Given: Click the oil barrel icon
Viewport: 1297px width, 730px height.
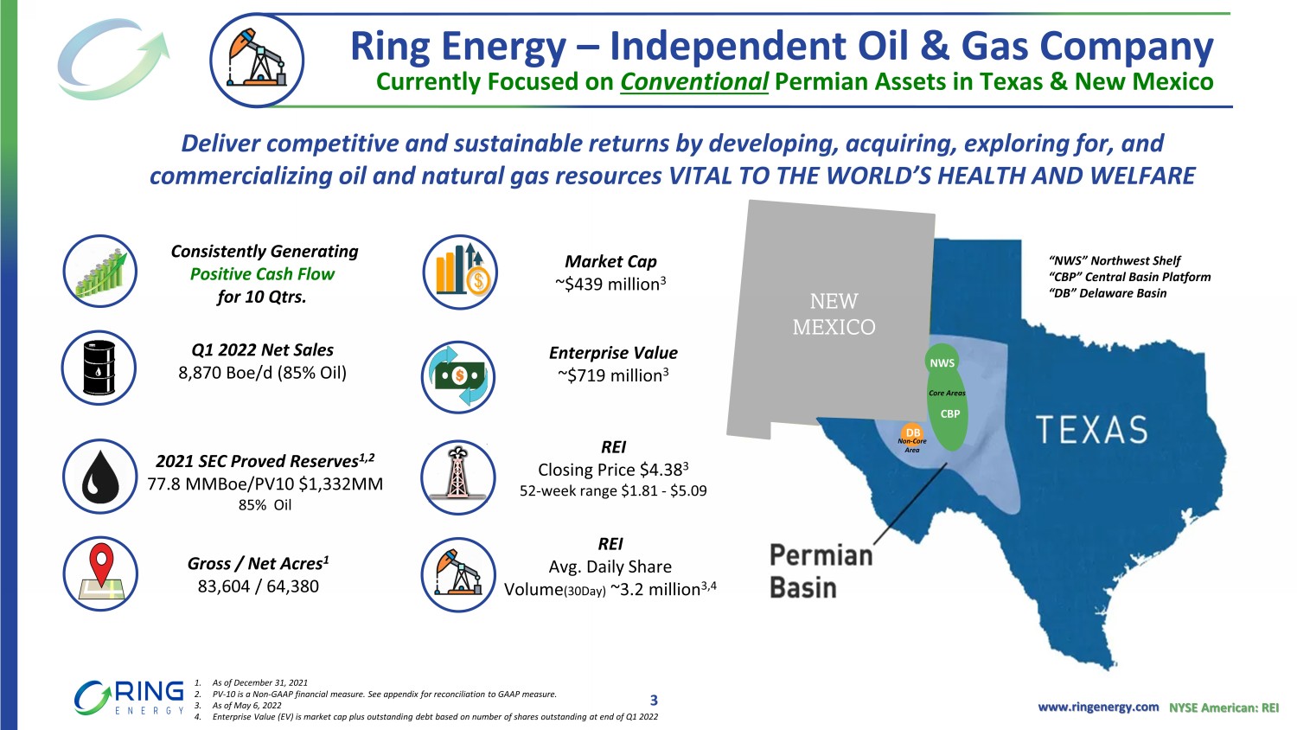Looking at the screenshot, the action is (99, 368).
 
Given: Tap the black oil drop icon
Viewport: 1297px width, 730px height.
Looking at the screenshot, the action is (100, 477).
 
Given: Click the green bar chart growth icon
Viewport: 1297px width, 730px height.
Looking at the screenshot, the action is (100, 271).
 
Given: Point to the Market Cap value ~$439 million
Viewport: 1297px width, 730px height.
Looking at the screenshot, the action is (610, 284).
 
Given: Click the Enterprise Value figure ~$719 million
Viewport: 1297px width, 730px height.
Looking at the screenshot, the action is (612, 375).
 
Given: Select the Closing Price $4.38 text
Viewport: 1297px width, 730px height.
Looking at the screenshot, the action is (612, 470).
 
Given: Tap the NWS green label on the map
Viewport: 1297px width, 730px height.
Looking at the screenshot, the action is (942, 363).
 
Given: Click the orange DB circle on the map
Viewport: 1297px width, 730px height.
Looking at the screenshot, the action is (912, 432).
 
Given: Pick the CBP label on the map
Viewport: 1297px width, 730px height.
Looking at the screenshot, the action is (950, 413).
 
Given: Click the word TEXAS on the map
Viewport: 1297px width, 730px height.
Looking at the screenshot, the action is (1091, 430).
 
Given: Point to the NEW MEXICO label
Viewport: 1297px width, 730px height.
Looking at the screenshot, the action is (834, 314).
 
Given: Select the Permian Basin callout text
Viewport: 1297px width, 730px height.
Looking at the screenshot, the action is (821, 571).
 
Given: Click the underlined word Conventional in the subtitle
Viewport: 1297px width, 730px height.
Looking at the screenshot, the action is (694, 81).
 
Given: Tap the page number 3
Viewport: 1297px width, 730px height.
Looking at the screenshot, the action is (654, 700).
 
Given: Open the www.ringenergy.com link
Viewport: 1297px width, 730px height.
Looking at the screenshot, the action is (1098, 707).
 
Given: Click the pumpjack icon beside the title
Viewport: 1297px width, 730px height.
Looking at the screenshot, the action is (257, 61).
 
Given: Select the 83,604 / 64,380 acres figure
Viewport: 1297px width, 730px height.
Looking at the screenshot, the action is (259, 586).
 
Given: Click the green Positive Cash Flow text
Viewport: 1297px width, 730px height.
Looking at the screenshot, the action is (262, 274).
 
